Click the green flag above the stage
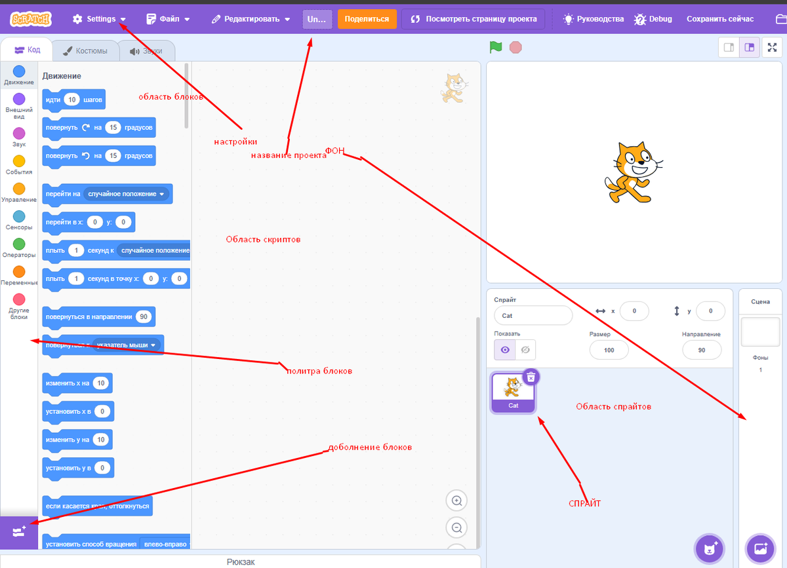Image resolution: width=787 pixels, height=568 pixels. coord(496,47)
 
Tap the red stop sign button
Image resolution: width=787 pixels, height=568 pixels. coord(515,47)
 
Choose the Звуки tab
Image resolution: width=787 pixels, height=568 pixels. coord(146,50)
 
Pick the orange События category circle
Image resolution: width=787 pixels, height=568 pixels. coord(19,161)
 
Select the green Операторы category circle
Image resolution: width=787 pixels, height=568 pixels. coord(19,244)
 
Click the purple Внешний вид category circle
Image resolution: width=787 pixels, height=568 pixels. coord(19,99)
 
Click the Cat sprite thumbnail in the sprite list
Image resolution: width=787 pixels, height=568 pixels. coord(514,392)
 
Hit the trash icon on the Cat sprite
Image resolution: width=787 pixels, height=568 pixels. coord(531,377)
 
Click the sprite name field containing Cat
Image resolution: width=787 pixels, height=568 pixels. coord(533,315)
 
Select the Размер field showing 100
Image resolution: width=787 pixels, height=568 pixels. coord(609,350)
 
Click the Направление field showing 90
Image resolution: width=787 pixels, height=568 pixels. coord(702,350)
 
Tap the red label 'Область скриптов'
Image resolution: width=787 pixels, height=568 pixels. coord(263,240)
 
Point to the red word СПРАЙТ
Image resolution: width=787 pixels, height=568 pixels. coord(584,503)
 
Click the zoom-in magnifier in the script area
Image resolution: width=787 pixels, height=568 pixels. coord(456,501)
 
